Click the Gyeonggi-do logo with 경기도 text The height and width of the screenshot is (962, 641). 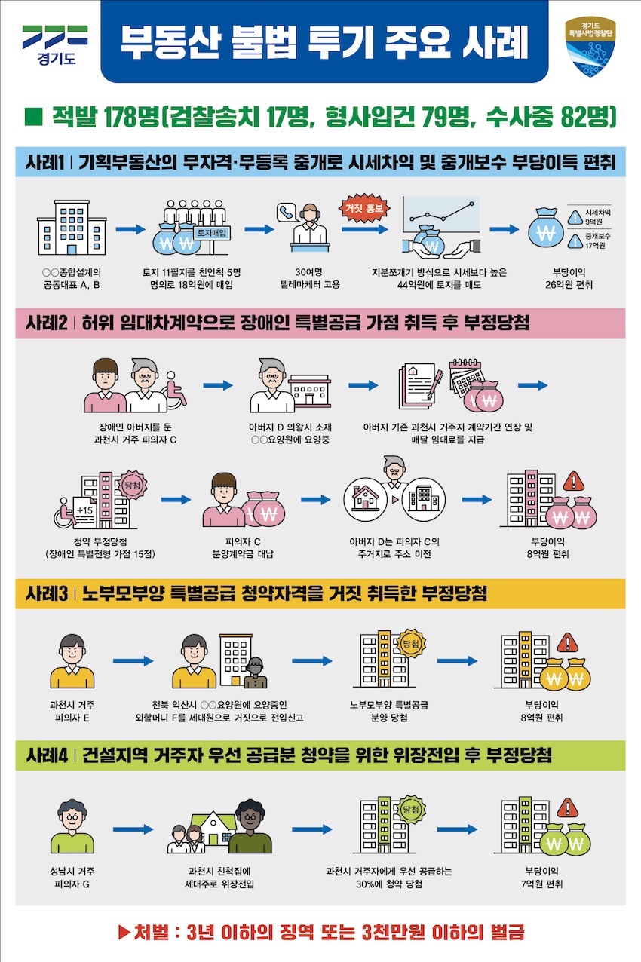(x=55, y=44)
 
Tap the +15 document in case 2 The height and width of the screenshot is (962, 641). (x=85, y=510)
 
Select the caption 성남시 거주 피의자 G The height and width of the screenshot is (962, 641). (x=72, y=877)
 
